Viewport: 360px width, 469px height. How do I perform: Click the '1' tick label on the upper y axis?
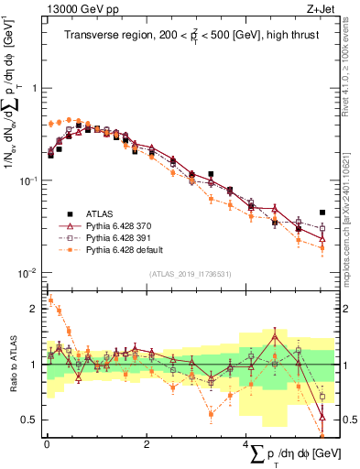pos(32,88)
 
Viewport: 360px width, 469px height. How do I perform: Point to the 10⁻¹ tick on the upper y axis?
pos(28,180)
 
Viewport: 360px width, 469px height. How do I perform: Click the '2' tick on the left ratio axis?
pos(33,309)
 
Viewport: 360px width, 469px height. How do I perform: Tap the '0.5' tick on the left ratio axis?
pos(29,420)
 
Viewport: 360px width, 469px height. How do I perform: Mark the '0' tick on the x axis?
pos(46,444)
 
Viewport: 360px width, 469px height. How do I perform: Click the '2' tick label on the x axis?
pos(147,444)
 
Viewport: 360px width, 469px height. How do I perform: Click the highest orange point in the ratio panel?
pos(51,300)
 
